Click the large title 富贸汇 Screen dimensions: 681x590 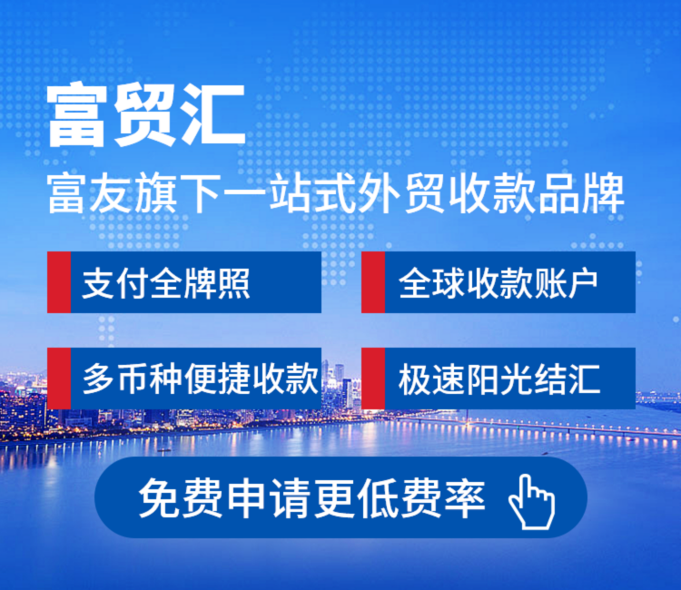[x=146, y=115]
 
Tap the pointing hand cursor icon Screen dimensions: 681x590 [x=531, y=501]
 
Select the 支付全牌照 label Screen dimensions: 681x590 [x=166, y=283]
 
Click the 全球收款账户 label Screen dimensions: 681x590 [x=498, y=283]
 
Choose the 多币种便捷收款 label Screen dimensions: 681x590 [x=201, y=379]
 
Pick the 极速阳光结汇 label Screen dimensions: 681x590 [x=499, y=379]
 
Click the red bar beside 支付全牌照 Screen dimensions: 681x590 [x=59, y=282]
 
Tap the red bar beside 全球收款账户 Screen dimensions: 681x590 [x=373, y=282]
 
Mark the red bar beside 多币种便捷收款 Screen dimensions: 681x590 [x=59, y=379]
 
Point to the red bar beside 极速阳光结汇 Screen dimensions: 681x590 [x=373, y=379]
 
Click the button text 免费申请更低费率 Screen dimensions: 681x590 [x=311, y=497]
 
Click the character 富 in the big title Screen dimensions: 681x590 [x=77, y=115]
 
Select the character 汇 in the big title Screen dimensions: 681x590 [x=213, y=115]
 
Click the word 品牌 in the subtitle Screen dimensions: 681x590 [x=581, y=193]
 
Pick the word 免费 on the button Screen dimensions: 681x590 [x=181, y=497]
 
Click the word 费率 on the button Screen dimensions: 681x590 [x=443, y=497]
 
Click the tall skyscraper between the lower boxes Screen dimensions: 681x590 [x=349, y=393]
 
